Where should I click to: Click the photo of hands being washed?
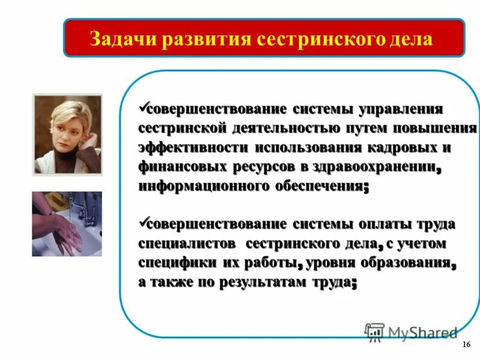67,224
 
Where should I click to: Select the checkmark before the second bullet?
143,223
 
